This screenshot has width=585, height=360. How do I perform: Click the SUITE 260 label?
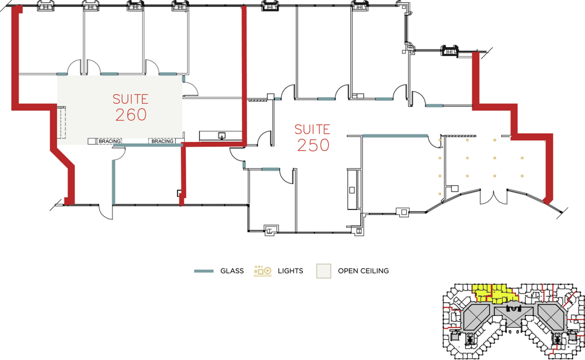tap(130, 107)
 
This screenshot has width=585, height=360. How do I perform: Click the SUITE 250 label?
tap(312, 137)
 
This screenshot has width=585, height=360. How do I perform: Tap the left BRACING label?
tap(109, 141)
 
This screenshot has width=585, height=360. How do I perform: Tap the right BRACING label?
tap(162, 141)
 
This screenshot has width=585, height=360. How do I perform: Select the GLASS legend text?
tap(232, 271)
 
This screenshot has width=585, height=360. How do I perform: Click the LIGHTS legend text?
tap(290, 271)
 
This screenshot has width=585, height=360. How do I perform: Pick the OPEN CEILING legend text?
tap(363, 271)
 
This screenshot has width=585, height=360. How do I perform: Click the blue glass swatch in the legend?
tap(204, 271)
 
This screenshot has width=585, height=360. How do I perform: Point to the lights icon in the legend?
tap(262, 271)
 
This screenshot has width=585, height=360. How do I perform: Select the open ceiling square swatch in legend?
tap(323, 271)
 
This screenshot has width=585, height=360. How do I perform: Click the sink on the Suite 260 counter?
tap(222, 135)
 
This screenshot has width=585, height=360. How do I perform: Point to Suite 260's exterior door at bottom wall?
tap(105, 212)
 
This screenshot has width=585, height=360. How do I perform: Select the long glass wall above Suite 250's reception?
tap(395, 135)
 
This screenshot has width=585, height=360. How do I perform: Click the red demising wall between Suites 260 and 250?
tap(244, 73)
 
